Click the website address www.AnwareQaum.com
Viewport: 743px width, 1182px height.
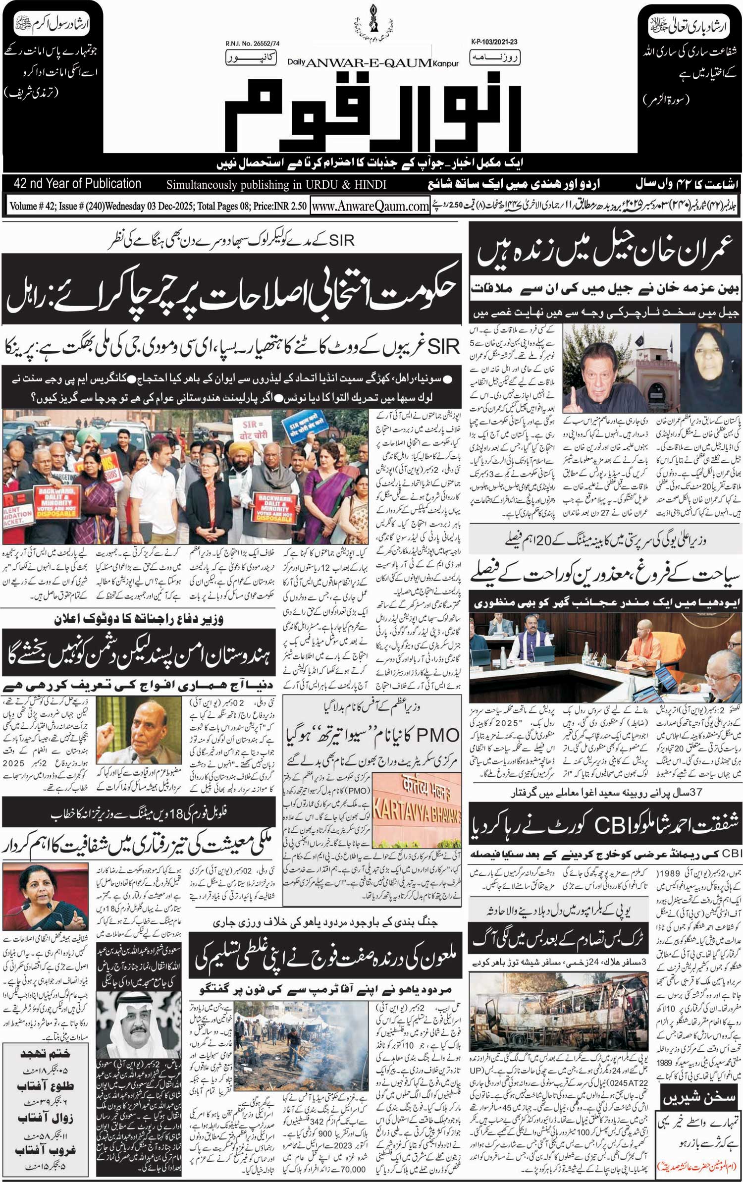[x=370, y=206]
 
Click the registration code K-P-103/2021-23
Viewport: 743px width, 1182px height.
[x=491, y=43]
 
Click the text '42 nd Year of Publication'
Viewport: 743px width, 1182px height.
[x=78, y=184]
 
